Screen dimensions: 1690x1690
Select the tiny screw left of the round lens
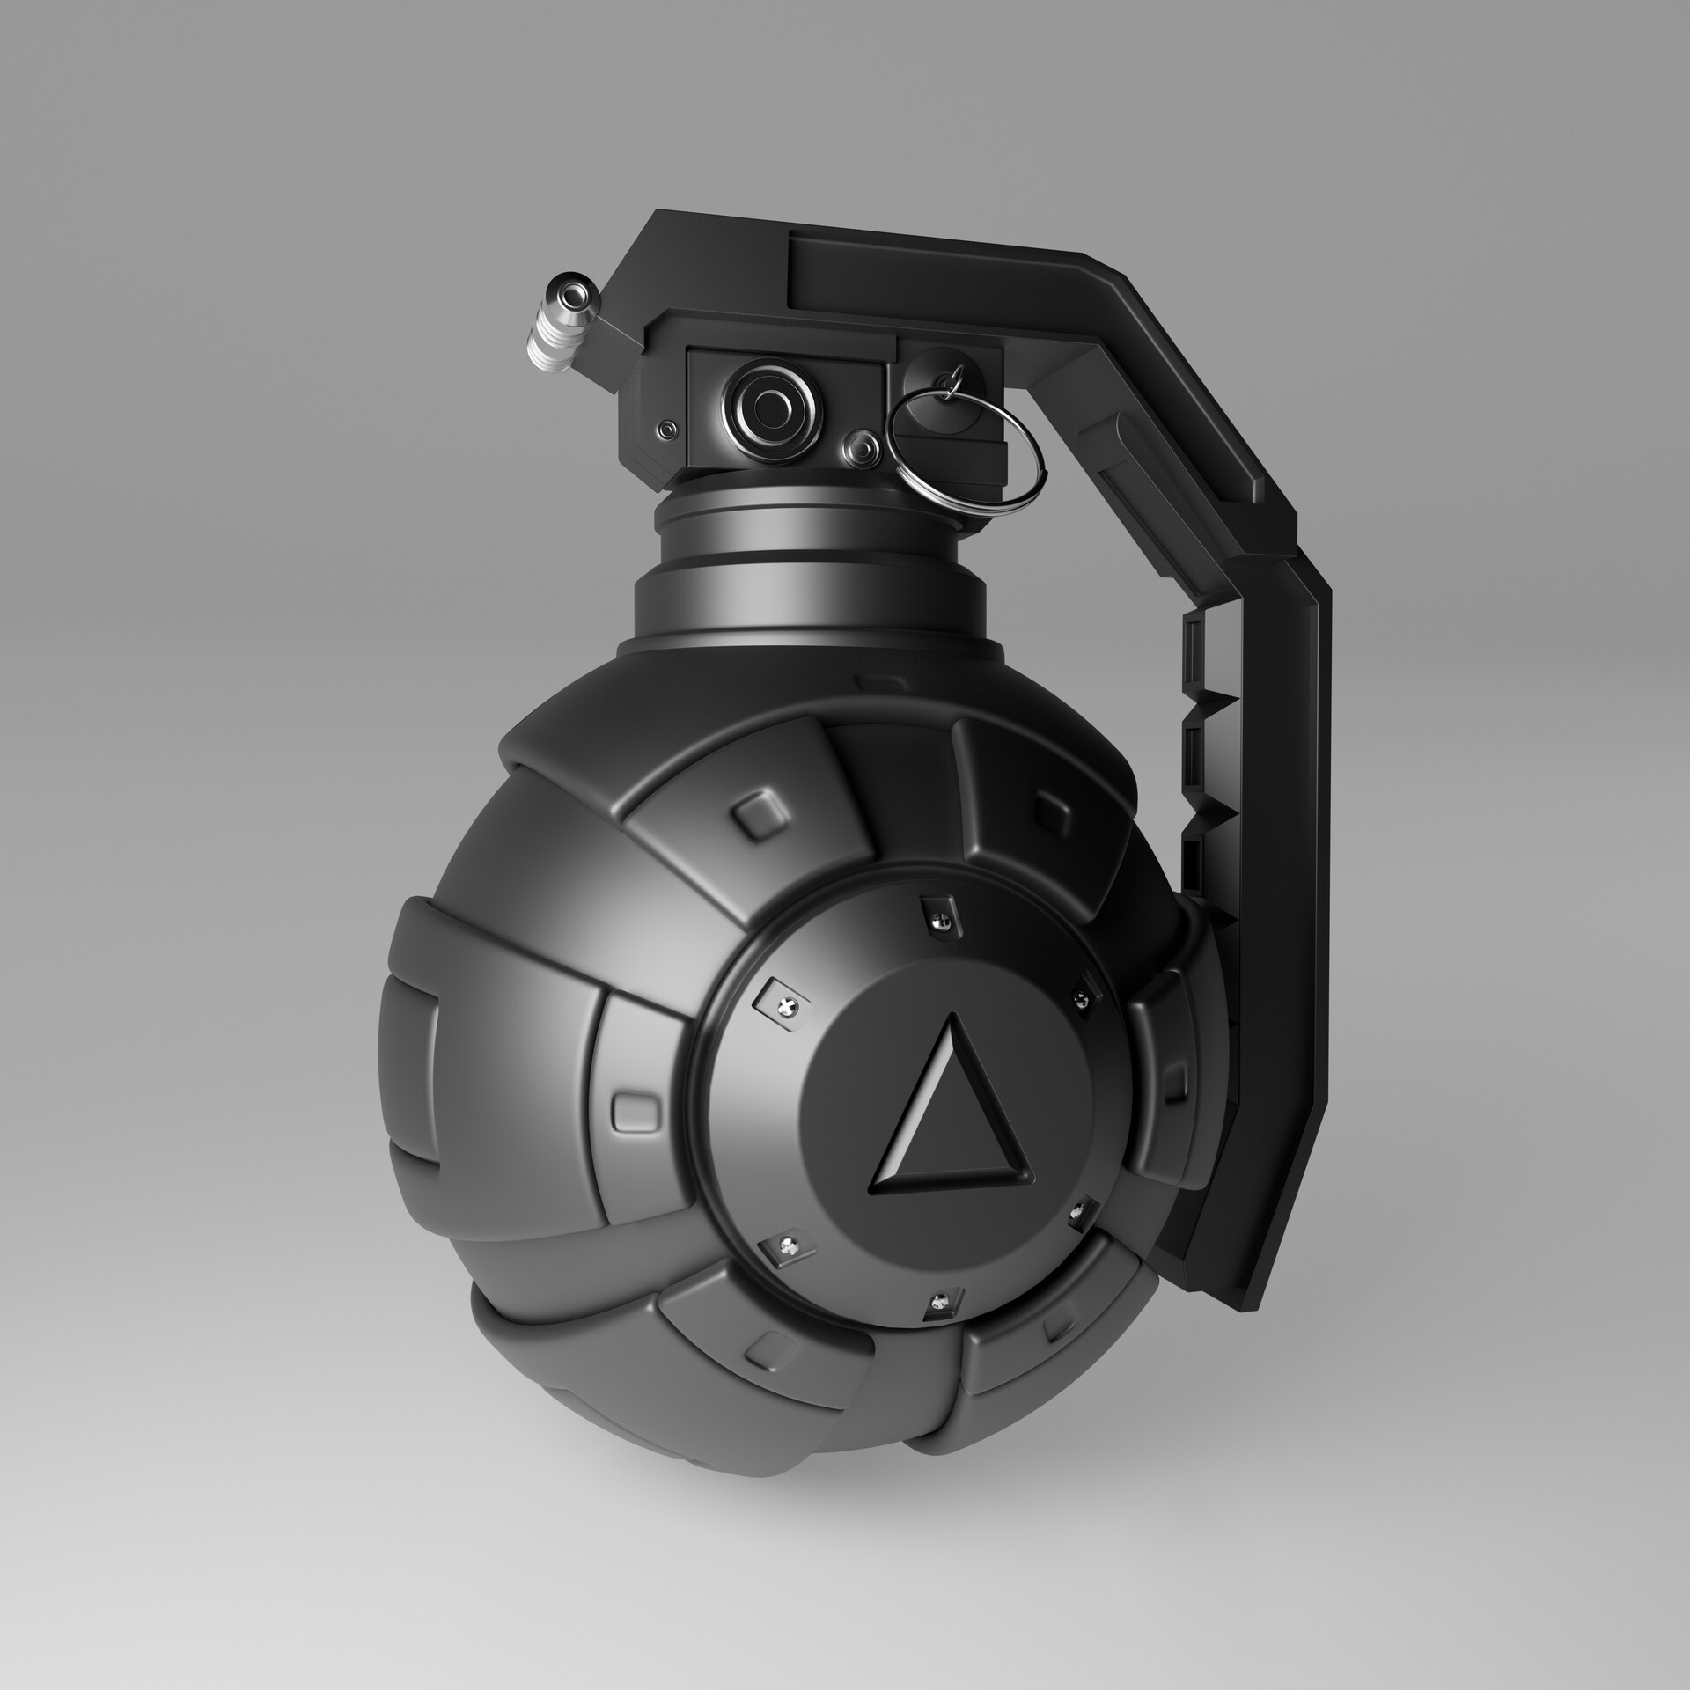click(x=668, y=429)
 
